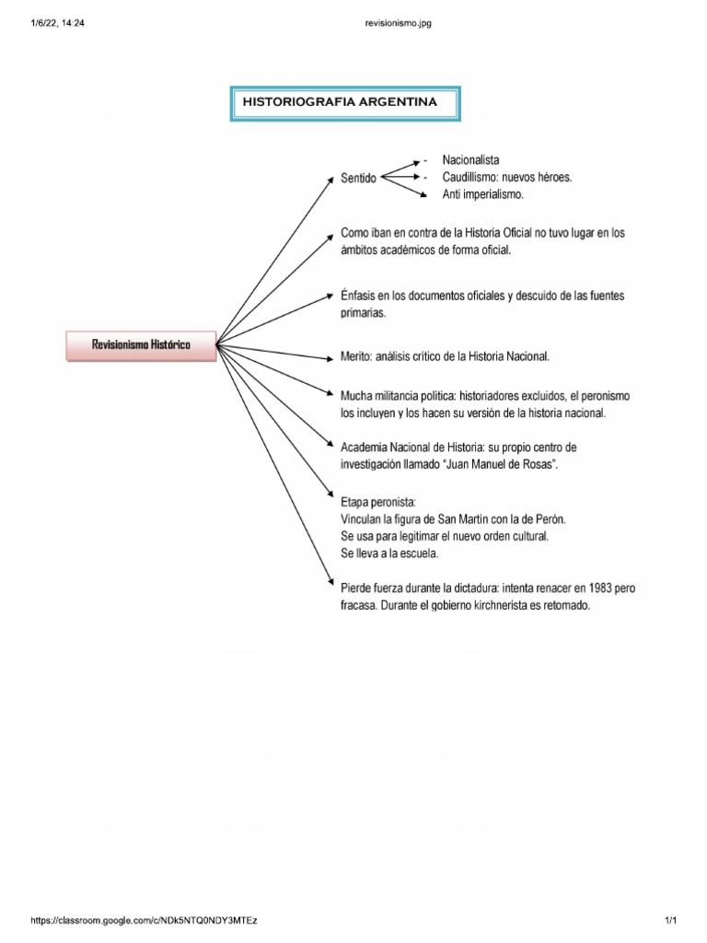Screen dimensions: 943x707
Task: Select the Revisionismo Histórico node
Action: coord(141,344)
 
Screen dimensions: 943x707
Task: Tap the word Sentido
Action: coord(358,179)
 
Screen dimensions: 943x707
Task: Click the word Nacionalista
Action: coord(470,160)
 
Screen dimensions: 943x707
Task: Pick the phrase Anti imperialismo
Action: coord(482,194)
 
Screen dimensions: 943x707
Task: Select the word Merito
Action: coord(356,355)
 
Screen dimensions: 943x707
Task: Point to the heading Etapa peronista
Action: coord(378,503)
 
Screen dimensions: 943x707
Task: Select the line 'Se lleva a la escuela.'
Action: coord(389,553)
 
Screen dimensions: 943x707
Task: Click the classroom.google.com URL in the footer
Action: coord(145,921)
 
